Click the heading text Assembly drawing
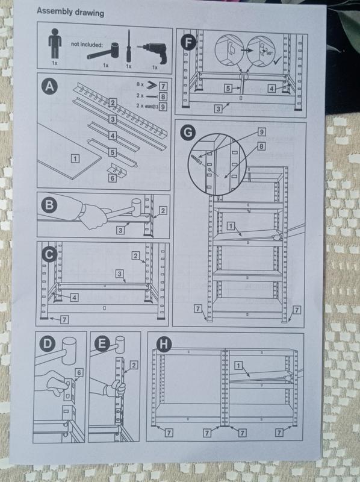coord(70,11)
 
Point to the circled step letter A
coord(49,89)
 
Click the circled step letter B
coord(48,207)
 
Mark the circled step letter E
coord(101,345)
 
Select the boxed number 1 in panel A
coord(75,159)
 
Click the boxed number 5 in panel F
coord(228,89)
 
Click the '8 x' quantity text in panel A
coord(140,87)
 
